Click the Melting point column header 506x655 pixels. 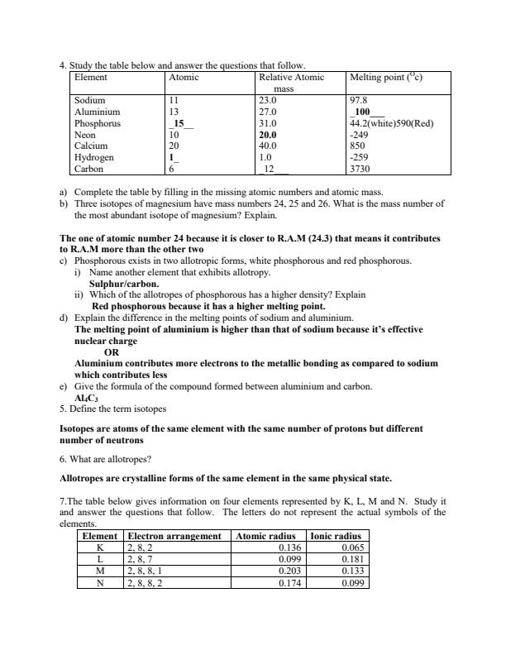[x=387, y=77]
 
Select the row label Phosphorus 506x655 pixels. [x=97, y=122]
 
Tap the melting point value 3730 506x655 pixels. [x=361, y=168]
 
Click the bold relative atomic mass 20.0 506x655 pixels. [x=269, y=134]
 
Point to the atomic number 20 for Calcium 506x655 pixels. [x=174, y=146]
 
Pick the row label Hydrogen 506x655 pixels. [x=94, y=156]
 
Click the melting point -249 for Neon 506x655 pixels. [x=360, y=134]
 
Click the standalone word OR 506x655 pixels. [x=112, y=351]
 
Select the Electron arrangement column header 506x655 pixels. [x=174, y=536]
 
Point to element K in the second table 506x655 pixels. [x=100, y=547]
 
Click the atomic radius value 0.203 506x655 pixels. [x=289, y=571]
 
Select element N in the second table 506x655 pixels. [x=100, y=582]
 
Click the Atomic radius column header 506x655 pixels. [x=266, y=536]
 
